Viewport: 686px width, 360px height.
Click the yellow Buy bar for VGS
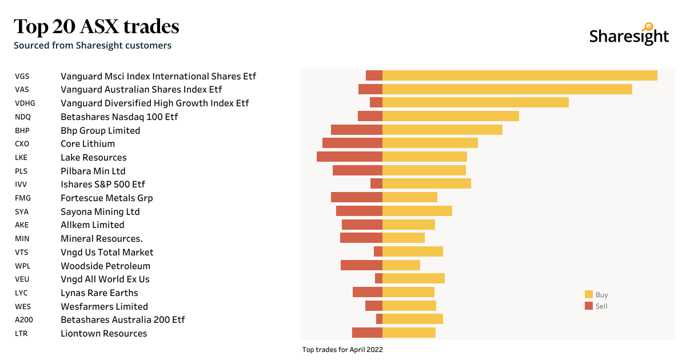[520, 75]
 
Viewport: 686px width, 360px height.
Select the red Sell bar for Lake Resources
[349, 157]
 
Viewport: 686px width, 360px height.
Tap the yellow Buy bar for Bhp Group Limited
[442, 130]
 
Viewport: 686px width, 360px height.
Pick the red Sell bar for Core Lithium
[352, 143]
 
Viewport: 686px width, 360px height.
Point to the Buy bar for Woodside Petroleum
[401, 265]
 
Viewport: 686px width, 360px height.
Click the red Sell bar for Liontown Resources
[367, 333]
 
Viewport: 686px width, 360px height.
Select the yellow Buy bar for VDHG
[476, 102]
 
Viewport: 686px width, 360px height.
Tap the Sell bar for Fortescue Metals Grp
[357, 197]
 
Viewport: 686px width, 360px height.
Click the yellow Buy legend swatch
[589, 294]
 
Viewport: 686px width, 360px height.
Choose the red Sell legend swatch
[589, 306]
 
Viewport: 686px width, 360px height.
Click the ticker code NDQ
[23, 117]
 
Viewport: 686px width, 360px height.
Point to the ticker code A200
[23, 320]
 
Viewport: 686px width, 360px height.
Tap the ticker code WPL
[23, 266]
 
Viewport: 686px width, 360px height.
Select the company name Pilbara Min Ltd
[93, 171]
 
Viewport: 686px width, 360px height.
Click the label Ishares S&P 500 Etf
[103, 184]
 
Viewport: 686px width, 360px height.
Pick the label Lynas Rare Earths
[99, 293]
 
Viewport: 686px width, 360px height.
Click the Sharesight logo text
[629, 36]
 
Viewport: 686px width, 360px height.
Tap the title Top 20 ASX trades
[97, 26]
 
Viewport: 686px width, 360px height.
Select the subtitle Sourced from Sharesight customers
[93, 45]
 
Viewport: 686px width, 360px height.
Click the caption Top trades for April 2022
[342, 349]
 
